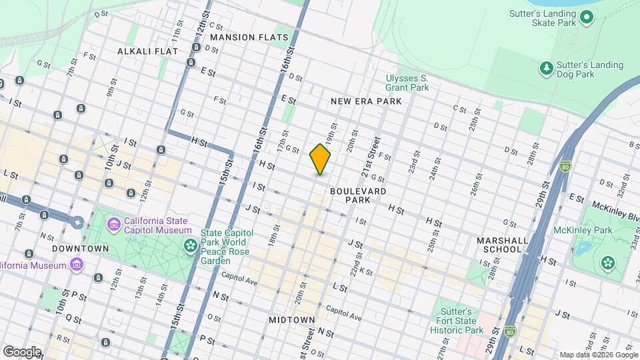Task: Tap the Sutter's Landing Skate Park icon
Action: point(587,17)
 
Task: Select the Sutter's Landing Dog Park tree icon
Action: point(546,69)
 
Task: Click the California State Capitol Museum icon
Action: point(114,225)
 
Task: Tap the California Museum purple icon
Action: point(77,265)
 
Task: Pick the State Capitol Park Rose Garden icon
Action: point(191,247)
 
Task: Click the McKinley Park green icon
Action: point(607,262)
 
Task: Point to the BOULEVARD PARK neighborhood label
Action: point(358,195)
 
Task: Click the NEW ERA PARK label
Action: point(366,101)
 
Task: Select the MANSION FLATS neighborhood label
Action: point(249,37)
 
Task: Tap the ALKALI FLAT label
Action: point(147,51)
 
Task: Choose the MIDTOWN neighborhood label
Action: point(291,320)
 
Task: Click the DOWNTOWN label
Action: point(81,249)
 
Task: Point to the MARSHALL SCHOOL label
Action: point(503,245)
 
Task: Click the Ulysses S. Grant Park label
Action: point(407,83)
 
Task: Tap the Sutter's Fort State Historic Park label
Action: point(456,321)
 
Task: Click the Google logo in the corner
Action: point(21,351)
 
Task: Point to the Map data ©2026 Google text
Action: point(598,355)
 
